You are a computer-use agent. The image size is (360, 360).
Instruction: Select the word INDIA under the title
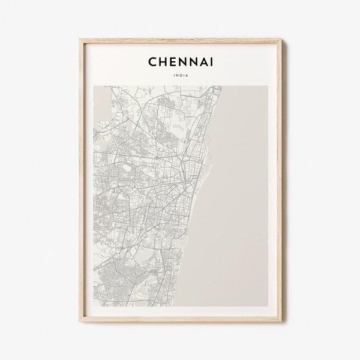coord(180,76)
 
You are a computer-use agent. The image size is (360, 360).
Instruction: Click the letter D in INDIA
coord(180,76)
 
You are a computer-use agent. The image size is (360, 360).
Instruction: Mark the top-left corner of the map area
coord(94,86)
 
